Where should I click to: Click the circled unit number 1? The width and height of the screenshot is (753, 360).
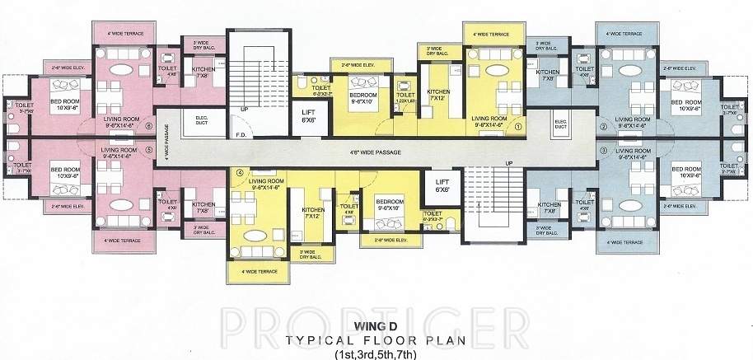(518, 128)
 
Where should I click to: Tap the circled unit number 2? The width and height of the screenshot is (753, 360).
(603, 127)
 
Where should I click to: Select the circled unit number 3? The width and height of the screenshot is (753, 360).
(603, 151)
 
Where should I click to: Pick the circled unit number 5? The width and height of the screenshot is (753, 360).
(148, 151)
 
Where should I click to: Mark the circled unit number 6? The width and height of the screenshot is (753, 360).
(148, 127)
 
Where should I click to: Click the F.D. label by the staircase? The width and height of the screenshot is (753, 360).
(241, 134)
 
